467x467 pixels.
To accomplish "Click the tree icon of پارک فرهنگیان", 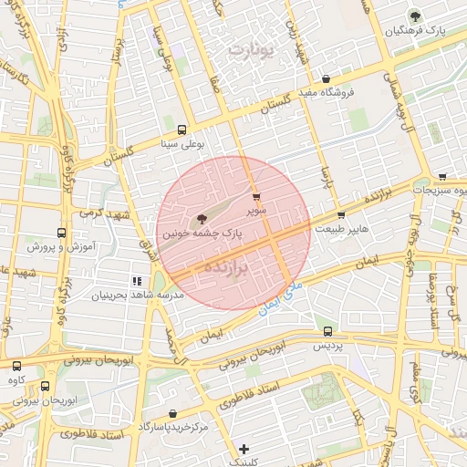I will coord(416,16).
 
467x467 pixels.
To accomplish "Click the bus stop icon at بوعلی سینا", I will coord(182,130).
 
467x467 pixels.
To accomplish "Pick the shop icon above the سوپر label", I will coord(255,195).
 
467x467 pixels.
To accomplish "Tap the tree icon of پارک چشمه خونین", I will coord(201,218).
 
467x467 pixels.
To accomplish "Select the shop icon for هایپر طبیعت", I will coord(341,215).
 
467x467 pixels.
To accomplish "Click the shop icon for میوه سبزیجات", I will coord(442,177).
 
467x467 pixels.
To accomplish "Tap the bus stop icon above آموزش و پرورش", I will coord(61,233).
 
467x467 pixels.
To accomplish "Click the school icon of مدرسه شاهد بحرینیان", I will coord(138,282).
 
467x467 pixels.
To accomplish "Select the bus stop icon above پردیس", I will coord(328,332).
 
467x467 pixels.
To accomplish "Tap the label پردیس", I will coord(328,347).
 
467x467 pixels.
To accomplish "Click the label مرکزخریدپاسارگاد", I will coord(173,427).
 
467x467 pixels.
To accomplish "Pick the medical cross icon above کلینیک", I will coord(244,449).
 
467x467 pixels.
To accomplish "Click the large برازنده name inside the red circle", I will coord(223,267).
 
